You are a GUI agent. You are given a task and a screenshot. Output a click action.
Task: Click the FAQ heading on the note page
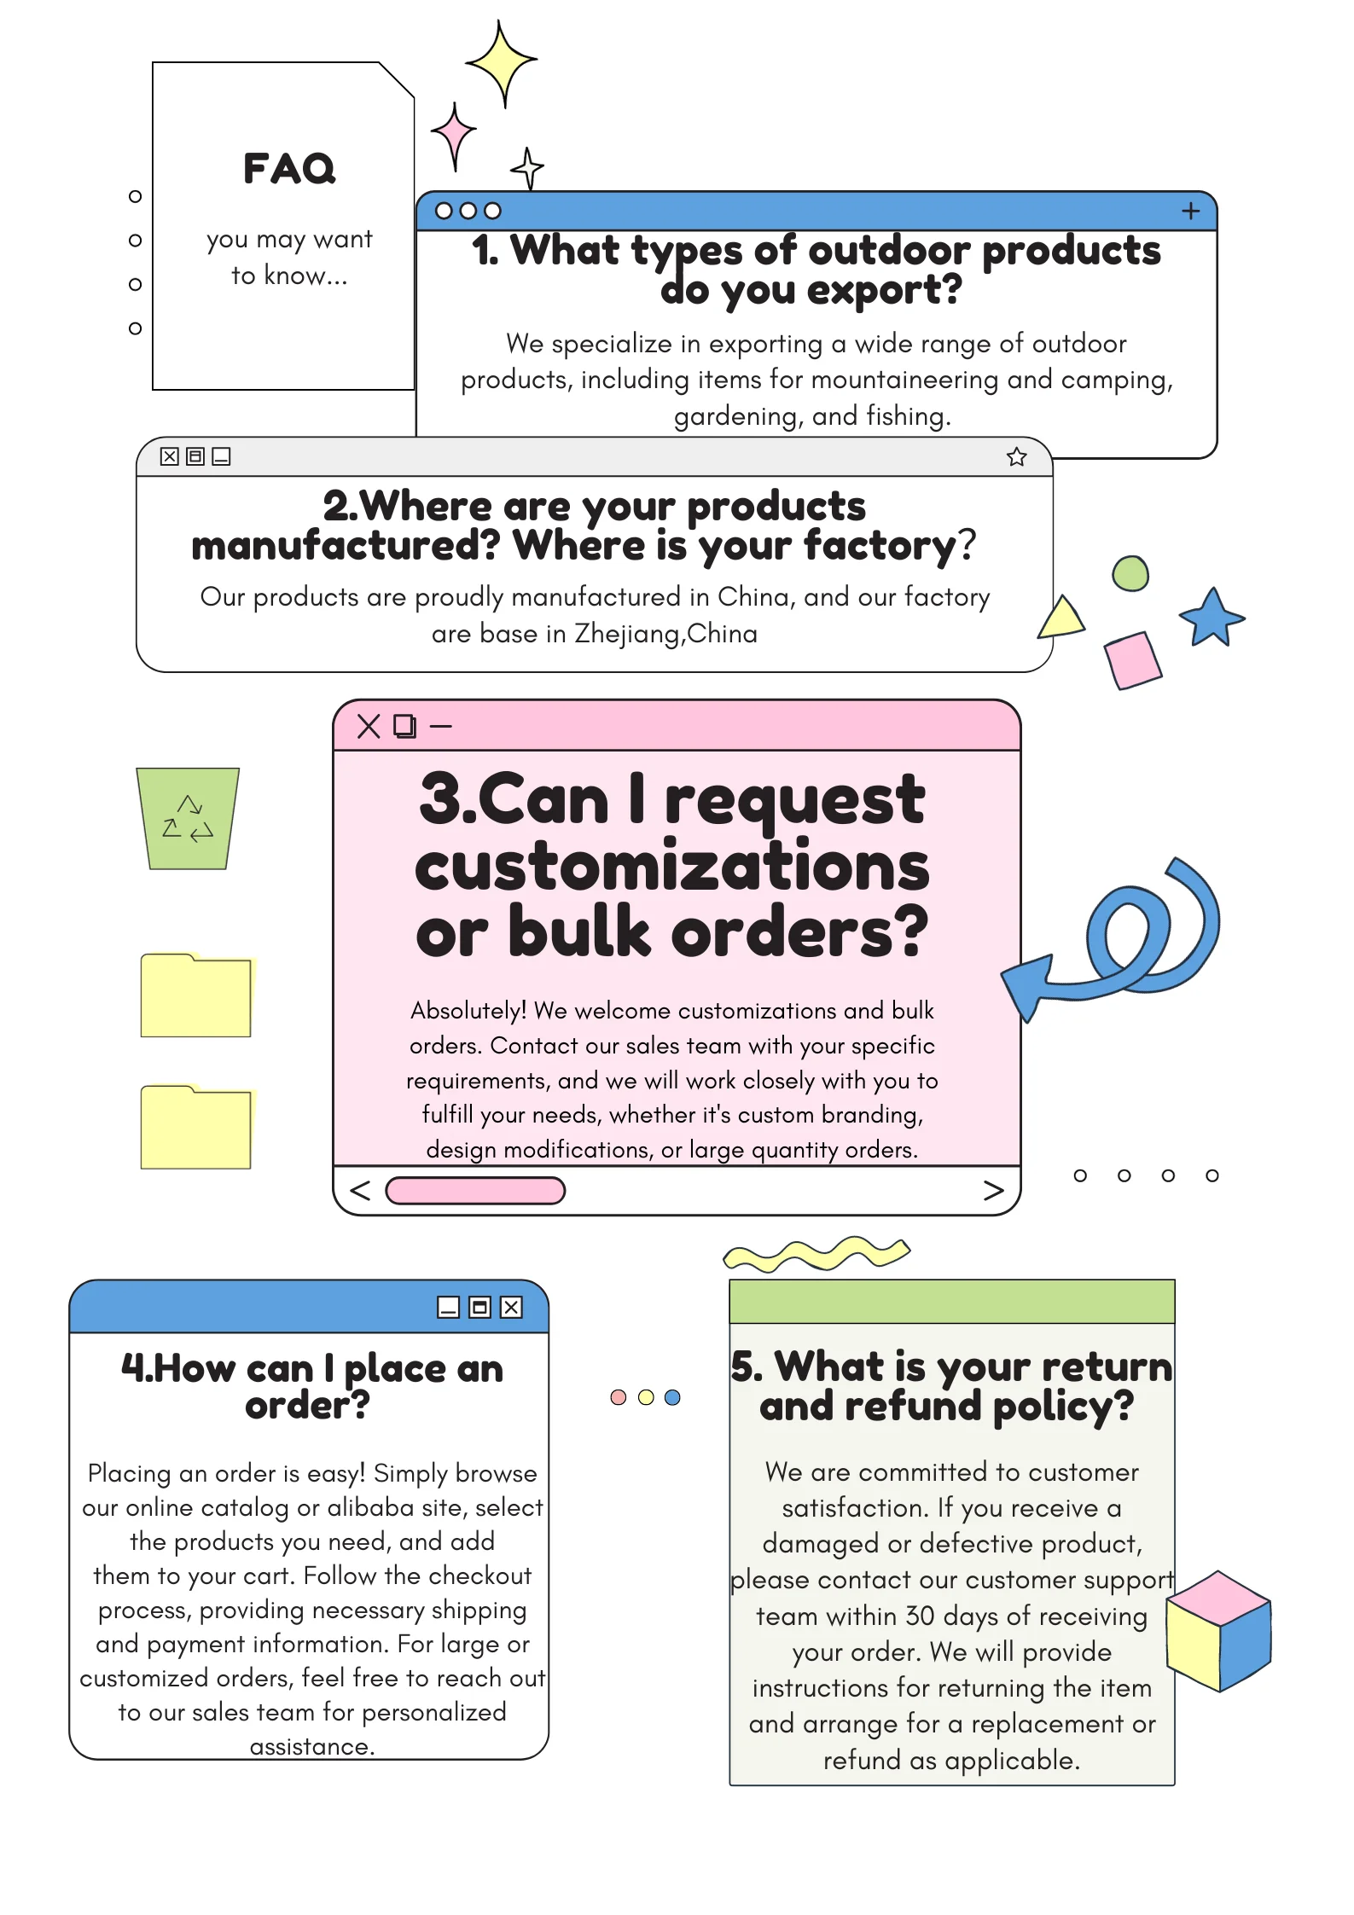(289, 168)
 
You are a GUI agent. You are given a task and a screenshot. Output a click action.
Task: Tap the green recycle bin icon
(188, 818)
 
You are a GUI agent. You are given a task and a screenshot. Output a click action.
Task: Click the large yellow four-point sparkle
(502, 62)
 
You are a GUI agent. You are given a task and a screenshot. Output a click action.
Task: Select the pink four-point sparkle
(454, 135)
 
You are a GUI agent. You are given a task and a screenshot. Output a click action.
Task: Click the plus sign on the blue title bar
(1190, 211)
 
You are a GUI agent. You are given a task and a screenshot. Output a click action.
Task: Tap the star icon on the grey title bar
(1016, 457)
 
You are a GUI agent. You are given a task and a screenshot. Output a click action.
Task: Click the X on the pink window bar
(369, 726)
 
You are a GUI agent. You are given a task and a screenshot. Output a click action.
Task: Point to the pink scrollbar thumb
(475, 1190)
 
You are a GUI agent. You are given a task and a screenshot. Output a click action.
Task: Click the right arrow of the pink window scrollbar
(992, 1190)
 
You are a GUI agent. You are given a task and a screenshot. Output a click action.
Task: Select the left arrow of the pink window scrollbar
(360, 1190)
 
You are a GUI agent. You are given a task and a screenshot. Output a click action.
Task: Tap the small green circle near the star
(1130, 573)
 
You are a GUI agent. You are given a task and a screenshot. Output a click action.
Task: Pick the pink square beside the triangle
(1132, 659)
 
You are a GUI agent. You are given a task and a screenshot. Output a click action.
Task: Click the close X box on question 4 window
(511, 1307)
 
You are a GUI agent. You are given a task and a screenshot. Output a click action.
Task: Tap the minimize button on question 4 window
(448, 1307)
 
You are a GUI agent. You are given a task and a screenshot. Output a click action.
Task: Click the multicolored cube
(1218, 1630)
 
